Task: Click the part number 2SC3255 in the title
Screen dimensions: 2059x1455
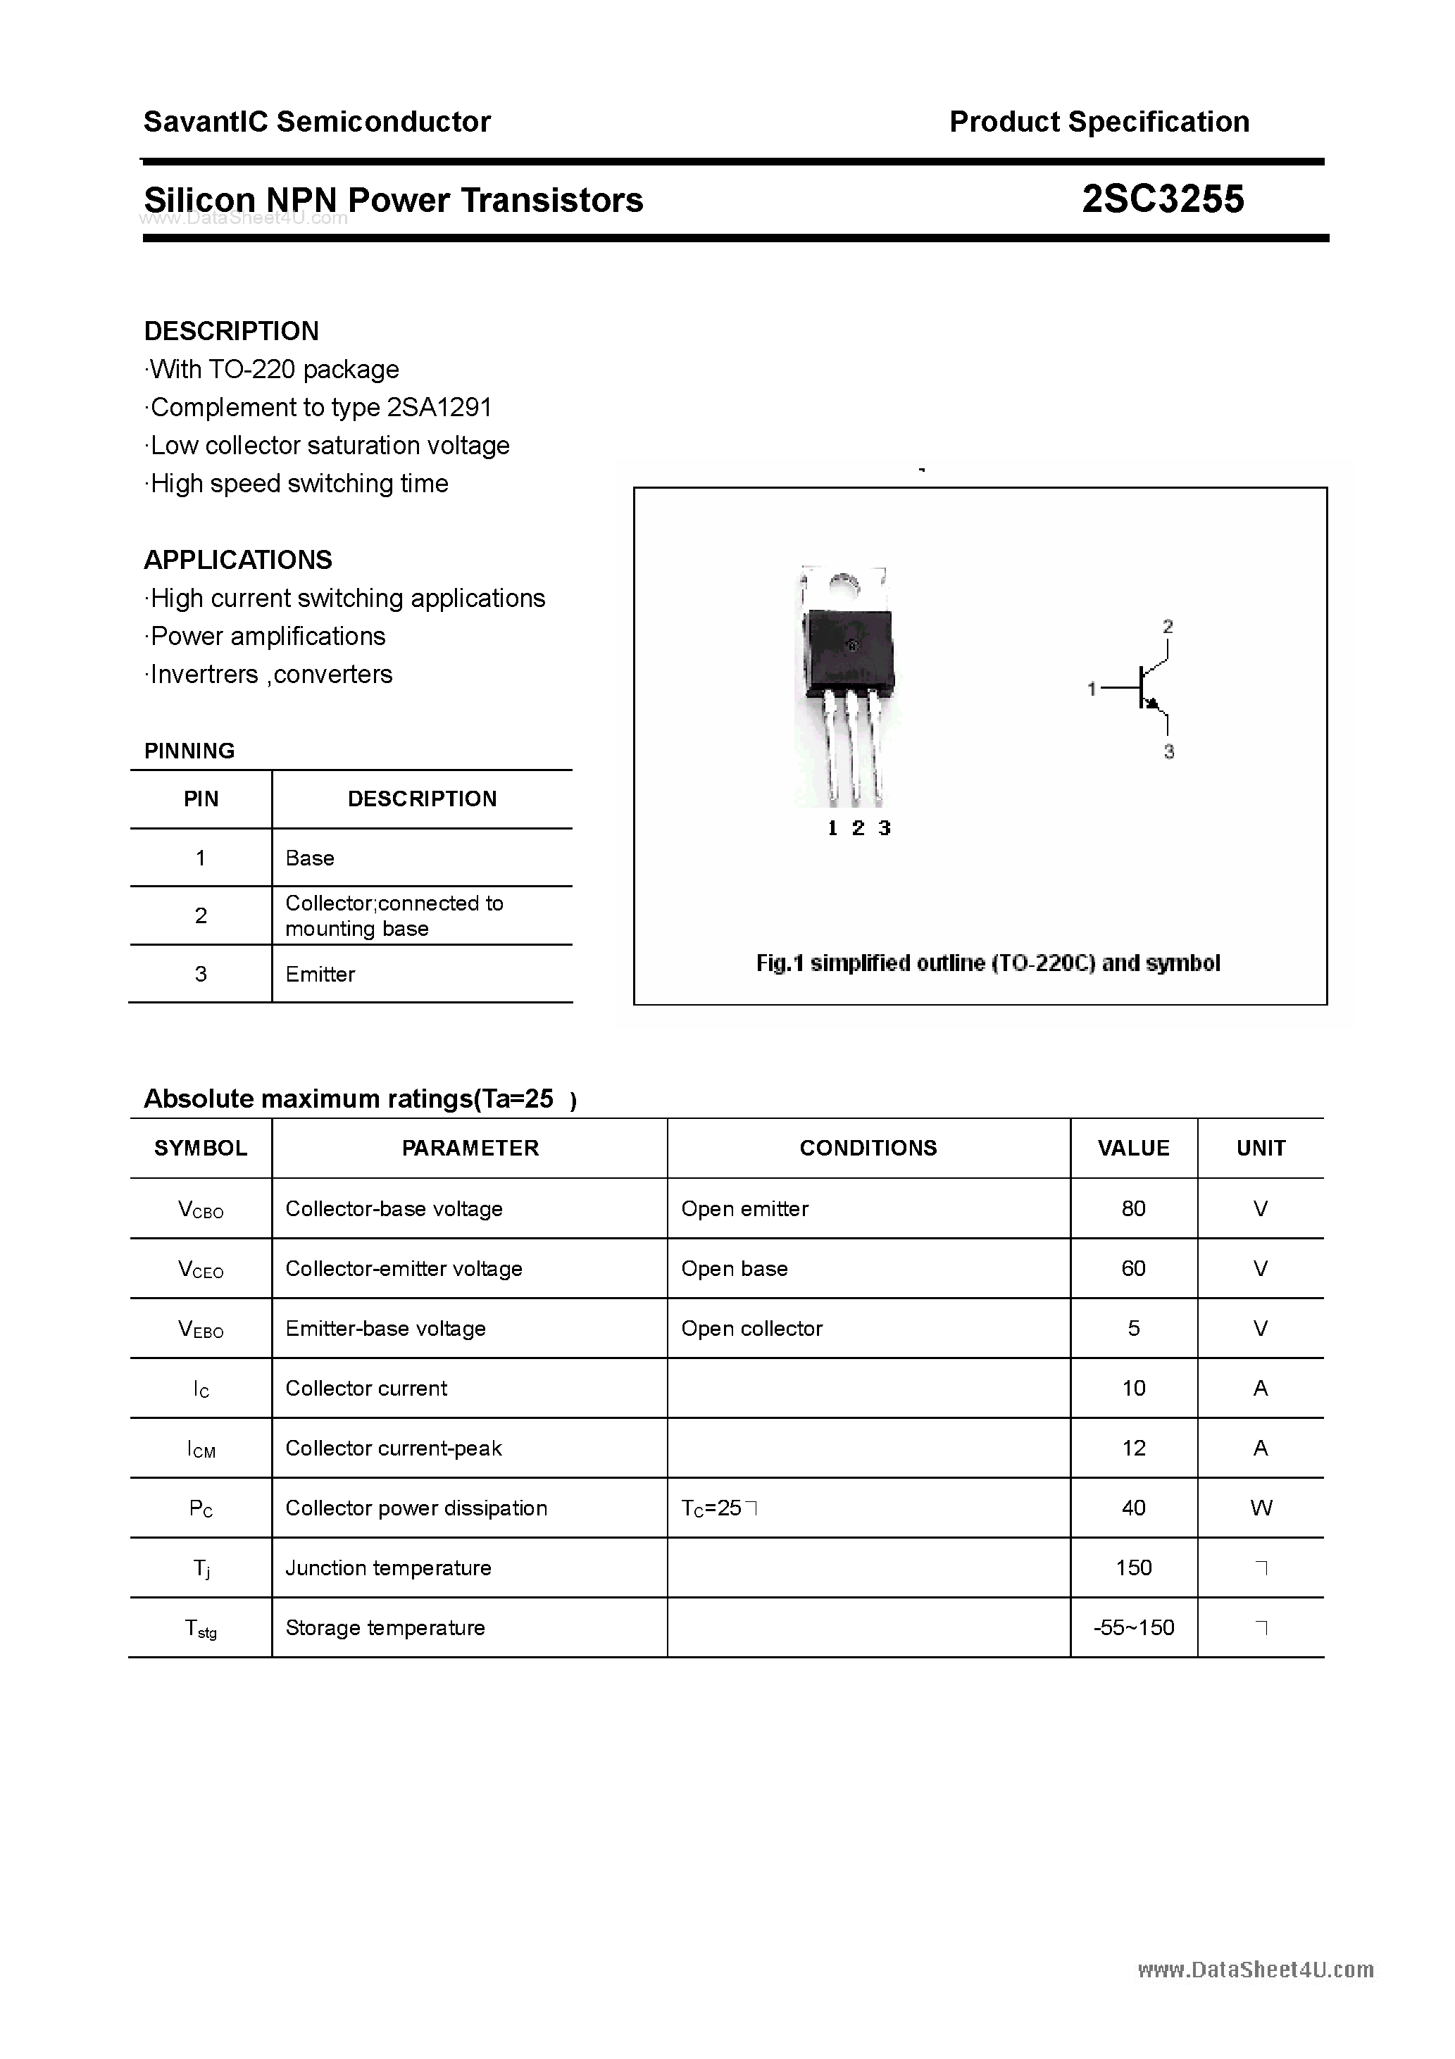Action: (1163, 199)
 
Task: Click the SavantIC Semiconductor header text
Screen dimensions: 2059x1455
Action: (317, 121)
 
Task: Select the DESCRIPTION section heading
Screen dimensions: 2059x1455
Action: (232, 331)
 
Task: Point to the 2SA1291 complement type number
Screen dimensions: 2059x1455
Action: (439, 407)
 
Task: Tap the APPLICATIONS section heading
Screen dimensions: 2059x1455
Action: (238, 560)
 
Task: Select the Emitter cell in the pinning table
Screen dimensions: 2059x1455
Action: (320, 974)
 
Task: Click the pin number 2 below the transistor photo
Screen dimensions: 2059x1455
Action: (858, 829)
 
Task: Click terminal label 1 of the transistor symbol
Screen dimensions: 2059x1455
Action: (1092, 689)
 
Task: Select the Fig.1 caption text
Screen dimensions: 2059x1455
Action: (987, 963)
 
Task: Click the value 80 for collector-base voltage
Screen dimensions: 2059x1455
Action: (1133, 1209)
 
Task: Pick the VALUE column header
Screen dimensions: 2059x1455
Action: (1133, 1148)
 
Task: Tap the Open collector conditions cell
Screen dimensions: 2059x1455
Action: (751, 1328)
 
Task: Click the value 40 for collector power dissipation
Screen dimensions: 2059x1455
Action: (1133, 1508)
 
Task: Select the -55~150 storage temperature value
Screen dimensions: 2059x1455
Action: (1133, 1627)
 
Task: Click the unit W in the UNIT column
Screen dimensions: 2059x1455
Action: (1261, 1508)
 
